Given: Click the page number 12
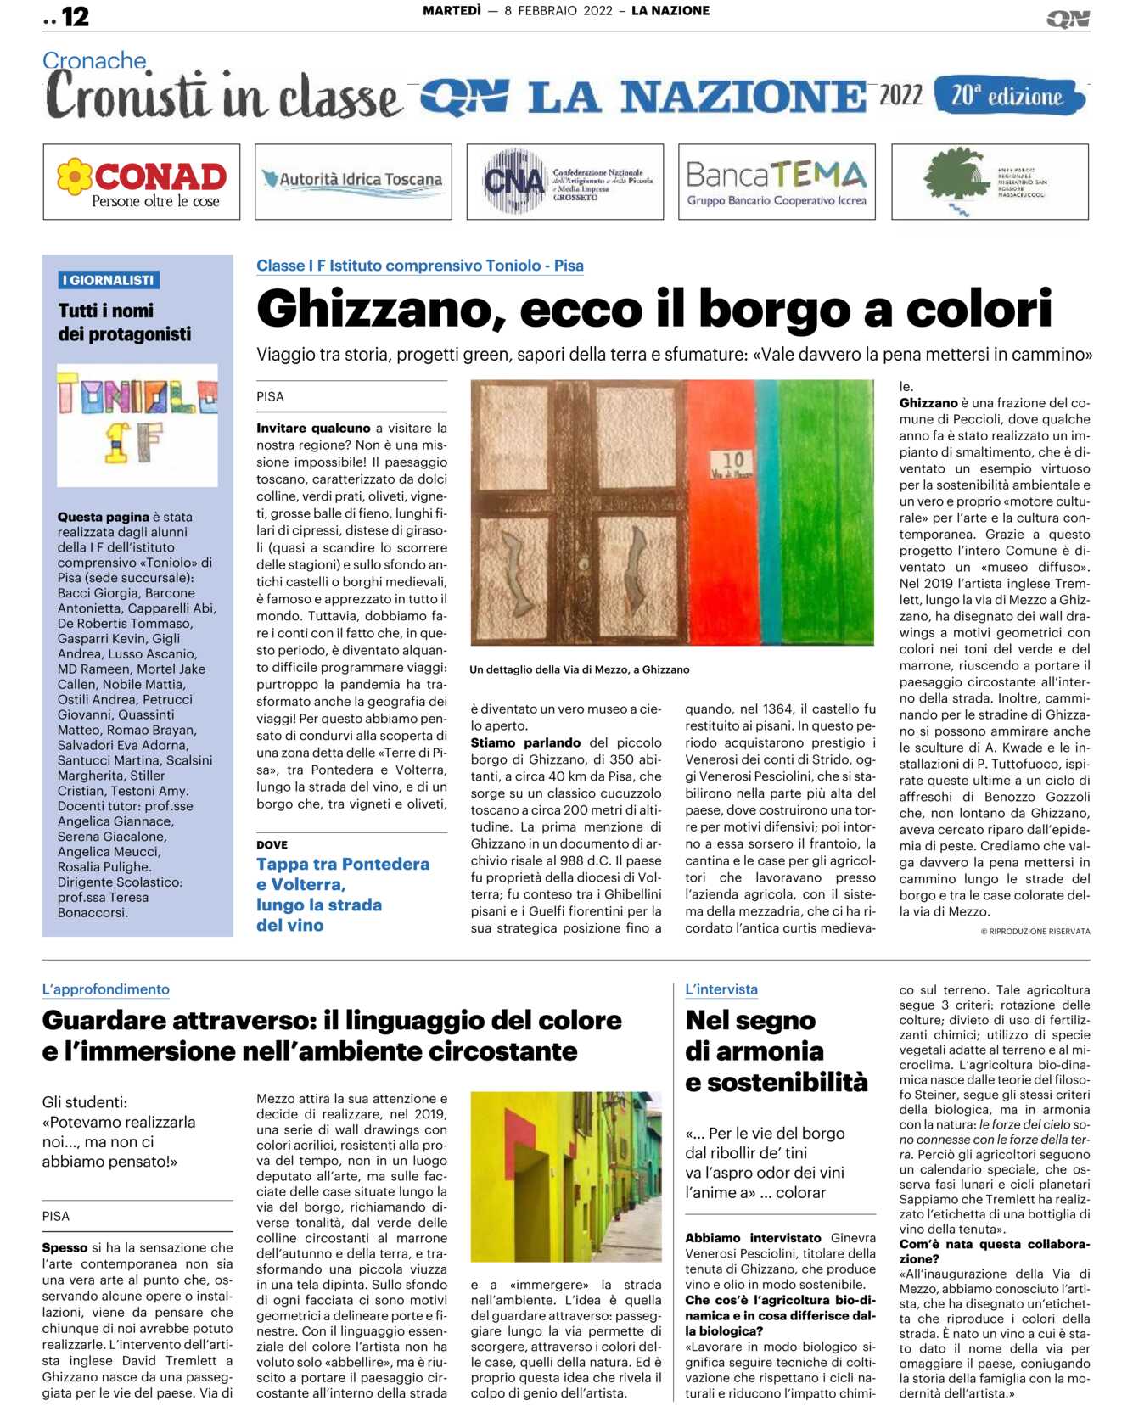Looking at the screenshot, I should pos(75,16).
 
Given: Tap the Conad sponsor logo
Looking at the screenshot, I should pos(142,182).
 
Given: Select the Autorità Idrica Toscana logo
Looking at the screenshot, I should pos(353,182).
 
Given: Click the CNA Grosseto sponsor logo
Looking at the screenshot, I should pos(565,182).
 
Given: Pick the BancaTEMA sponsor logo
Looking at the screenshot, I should pos(777,182).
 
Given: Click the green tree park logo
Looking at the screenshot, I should pos(989,182).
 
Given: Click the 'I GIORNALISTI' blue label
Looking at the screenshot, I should pos(109,280).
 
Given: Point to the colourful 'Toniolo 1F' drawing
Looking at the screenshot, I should pos(137,425).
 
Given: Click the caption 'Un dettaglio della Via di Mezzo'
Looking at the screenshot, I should pos(579,669).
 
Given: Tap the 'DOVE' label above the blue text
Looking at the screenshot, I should pos(272,844).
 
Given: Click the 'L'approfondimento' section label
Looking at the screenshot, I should pos(106,989).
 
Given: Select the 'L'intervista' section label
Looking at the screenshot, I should pos(721,989).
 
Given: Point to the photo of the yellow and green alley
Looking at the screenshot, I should pos(566,1176).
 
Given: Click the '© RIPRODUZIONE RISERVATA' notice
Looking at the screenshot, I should pos(1035,931).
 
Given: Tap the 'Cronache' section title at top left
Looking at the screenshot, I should pos(94,60).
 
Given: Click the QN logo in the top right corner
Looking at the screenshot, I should pos(1068,19).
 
